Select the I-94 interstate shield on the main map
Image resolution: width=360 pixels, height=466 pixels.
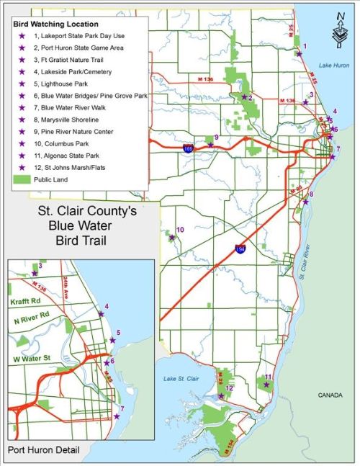(x=240, y=249)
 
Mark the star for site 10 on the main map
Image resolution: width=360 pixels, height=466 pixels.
(x=173, y=237)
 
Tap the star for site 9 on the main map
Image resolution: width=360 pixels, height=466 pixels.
(x=210, y=145)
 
